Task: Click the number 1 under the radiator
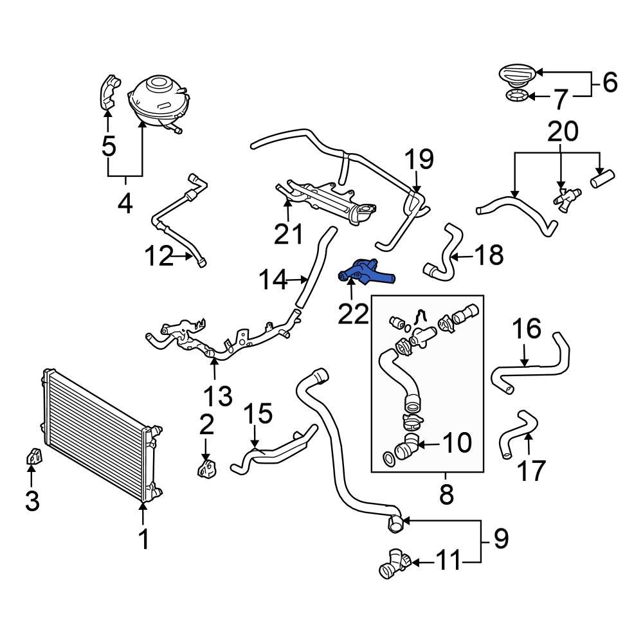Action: click(144, 539)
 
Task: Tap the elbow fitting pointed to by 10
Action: click(405, 446)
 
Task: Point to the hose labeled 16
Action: click(527, 367)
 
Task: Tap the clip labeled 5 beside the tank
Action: click(107, 93)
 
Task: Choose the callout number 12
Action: click(159, 257)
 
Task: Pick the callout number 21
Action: click(287, 235)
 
